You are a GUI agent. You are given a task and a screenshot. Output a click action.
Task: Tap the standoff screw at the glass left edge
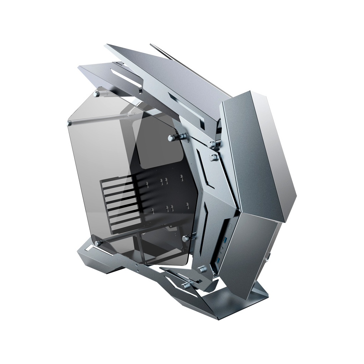(69, 123)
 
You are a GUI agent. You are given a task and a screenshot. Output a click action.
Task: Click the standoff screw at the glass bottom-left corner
(97, 243)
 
